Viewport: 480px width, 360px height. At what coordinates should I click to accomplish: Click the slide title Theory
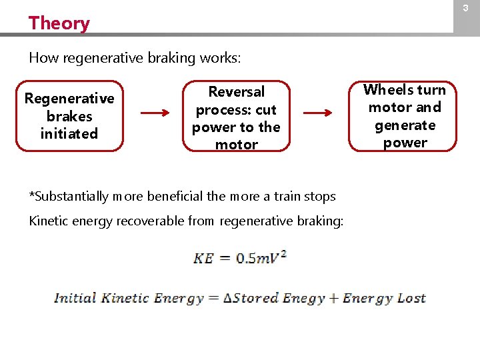(x=59, y=23)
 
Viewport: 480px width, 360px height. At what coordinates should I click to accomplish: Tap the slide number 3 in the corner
(x=466, y=8)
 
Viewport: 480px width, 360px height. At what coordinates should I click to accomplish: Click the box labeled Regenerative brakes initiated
(x=69, y=116)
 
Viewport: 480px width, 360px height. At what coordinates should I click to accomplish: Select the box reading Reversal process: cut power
(x=236, y=117)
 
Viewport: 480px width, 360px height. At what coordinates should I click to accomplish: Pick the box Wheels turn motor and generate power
(x=404, y=116)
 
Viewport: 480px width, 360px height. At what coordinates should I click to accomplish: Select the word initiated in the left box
(x=69, y=133)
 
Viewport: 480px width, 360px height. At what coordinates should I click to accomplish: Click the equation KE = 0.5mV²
(x=240, y=257)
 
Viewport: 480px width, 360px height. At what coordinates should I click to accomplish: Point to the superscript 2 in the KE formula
(x=283, y=253)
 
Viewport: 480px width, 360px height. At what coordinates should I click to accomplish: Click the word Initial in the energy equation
(x=75, y=298)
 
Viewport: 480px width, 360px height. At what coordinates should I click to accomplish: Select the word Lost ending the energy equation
(x=411, y=298)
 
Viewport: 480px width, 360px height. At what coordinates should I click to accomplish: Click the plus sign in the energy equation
(x=333, y=299)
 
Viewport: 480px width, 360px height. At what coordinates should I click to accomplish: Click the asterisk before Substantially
(x=31, y=195)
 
